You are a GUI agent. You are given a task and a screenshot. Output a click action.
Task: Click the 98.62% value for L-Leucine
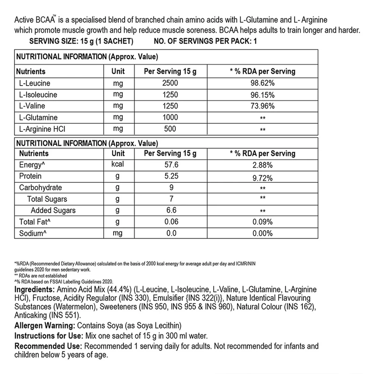[262, 84]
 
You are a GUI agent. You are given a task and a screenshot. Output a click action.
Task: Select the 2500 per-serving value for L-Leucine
[170, 84]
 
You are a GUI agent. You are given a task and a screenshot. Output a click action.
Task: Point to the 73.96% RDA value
[262, 107]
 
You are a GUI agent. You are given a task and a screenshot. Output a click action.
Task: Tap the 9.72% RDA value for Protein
[262, 177]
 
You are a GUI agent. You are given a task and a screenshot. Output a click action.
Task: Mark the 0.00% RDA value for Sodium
[262, 233]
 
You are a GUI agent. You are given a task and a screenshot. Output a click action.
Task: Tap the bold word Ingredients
[34, 290]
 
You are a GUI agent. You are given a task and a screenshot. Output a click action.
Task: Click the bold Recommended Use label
[48, 346]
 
